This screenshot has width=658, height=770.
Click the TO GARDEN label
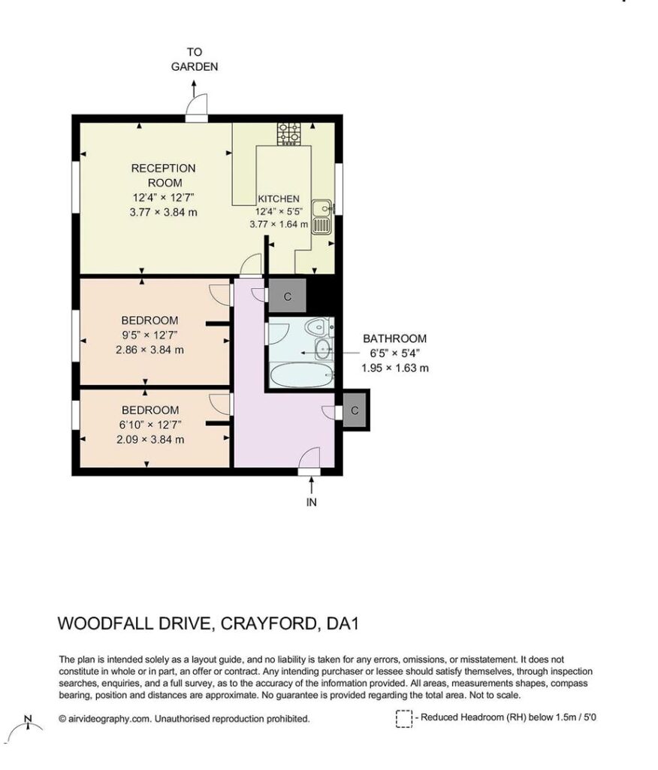coord(195,59)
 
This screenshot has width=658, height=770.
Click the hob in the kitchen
coord(288,134)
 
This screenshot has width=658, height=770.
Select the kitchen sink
coord(322,217)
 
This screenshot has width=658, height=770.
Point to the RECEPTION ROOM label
coord(164,175)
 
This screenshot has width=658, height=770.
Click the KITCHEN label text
coord(279,199)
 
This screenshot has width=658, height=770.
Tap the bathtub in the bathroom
coord(302,374)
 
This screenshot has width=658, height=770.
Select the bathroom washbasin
coord(323,349)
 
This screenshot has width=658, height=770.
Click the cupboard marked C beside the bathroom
coord(288,296)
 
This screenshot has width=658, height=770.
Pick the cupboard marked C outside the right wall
coord(355,410)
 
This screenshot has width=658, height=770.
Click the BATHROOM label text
coord(394,338)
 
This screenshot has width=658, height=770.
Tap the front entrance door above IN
coord(309,461)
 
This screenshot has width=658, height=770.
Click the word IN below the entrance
coord(312,502)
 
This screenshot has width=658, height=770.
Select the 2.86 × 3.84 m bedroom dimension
coord(149,350)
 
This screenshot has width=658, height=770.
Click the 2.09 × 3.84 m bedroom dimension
coord(150,439)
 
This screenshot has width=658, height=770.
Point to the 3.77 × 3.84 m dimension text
coord(164,213)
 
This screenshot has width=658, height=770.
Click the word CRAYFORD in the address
coord(269,623)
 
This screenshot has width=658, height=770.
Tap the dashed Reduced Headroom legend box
coord(404,719)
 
